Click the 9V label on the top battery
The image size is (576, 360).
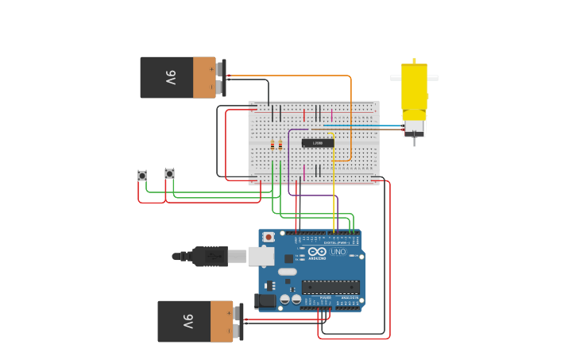[x=171, y=78]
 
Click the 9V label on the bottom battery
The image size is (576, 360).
[x=188, y=322]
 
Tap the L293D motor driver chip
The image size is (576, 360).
[x=318, y=143]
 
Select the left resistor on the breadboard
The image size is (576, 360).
[x=273, y=145]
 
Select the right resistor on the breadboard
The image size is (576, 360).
[x=280, y=145]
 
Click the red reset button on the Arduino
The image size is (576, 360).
[x=269, y=237]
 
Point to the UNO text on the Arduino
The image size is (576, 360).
[x=338, y=252]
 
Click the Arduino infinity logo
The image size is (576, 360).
[x=317, y=252]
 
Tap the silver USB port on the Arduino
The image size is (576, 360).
[x=261, y=256]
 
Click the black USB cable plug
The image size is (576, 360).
[x=210, y=256]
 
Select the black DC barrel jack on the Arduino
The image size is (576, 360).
[x=265, y=301]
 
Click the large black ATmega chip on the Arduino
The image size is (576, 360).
[x=330, y=287]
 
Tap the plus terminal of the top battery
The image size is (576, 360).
[x=220, y=69]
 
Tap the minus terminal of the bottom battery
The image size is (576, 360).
[x=238, y=331]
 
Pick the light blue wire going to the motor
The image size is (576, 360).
[x=365, y=126]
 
